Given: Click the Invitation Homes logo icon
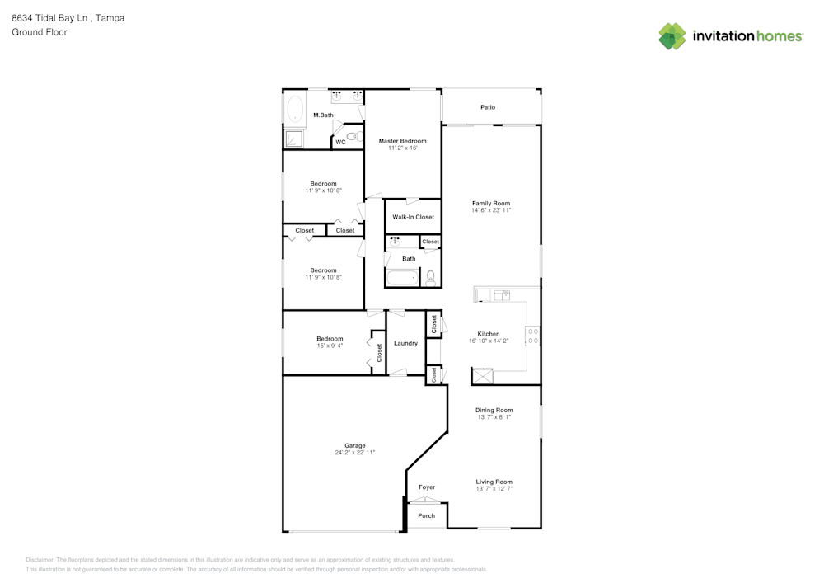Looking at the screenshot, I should pyautogui.click(x=672, y=36).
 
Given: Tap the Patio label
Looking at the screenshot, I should pyautogui.click(x=488, y=107).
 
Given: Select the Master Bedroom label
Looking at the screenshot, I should pyautogui.click(x=403, y=141).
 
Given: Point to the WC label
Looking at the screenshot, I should pyautogui.click(x=340, y=143).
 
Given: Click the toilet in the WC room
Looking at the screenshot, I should pyautogui.click(x=354, y=136).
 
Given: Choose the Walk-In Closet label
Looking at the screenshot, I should pyautogui.click(x=413, y=217).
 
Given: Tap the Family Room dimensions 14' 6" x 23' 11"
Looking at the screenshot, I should pyautogui.click(x=491, y=210).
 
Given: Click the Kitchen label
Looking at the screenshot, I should pyautogui.click(x=489, y=334).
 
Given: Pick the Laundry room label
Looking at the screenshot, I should pyautogui.click(x=405, y=343).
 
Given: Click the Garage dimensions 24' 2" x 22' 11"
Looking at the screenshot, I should pyautogui.click(x=355, y=453).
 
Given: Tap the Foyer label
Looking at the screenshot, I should pyautogui.click(x=427, y=487).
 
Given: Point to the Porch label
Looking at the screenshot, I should pyautogui.click(x=426, y=516).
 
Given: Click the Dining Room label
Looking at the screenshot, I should pyautogui.click(x=494, y=410).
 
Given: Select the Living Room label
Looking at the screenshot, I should pyautogui.click(x=494, y=482).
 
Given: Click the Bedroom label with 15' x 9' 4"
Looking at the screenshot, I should pyautogui.click(x=330, y=338).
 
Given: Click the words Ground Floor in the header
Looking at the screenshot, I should pyautogui.click(x=40, y=32).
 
